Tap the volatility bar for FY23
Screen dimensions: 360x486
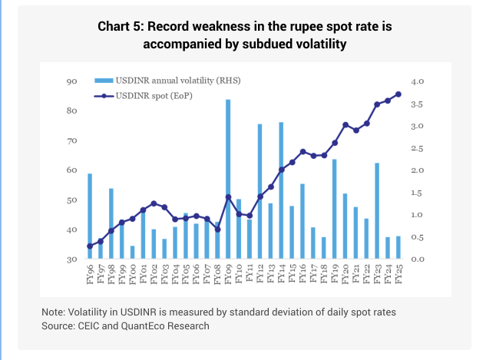click(377, 211)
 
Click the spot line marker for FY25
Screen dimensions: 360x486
click(398, 94)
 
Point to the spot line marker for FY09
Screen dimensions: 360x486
click(228, 197)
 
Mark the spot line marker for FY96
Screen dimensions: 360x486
click(90, 246)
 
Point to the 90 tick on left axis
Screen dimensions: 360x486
click(72, 81)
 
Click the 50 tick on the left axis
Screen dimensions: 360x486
click(72, 200)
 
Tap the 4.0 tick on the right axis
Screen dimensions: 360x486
click(417, 81)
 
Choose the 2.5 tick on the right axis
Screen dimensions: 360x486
click(417, 148)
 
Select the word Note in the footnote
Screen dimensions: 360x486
click(55, 312)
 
